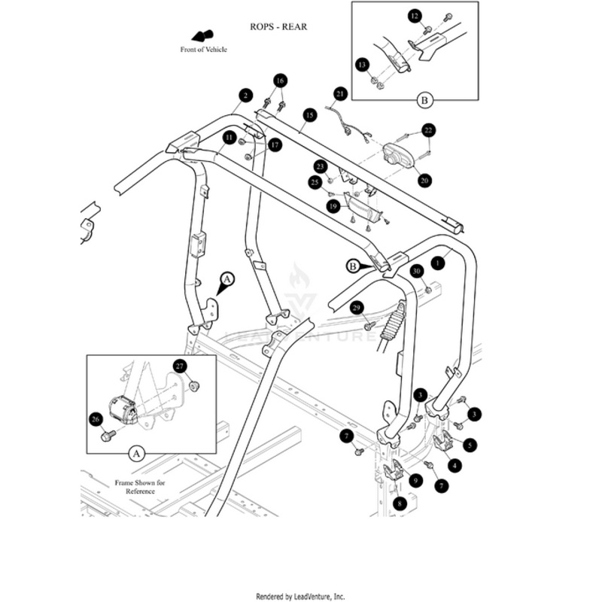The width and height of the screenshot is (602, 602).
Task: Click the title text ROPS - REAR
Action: coord(278,26)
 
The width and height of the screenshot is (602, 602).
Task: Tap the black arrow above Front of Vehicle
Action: coord(202,35)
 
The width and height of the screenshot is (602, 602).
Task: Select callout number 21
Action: coord(340,94)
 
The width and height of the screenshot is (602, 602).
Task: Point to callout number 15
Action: coord(309,115)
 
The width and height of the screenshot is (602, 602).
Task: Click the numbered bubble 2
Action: coord(245,96)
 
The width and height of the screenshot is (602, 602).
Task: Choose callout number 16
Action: coord(280,81)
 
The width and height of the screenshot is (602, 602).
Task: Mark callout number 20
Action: coord(424,181)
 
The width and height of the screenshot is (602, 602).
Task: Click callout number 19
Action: coord(333,205)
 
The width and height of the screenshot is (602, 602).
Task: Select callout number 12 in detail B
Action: coord(415,16)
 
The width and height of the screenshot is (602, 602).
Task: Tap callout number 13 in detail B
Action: coord(363,65)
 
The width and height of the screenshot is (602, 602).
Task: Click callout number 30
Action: coord(415,271)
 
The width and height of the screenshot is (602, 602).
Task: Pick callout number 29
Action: coord(357,306)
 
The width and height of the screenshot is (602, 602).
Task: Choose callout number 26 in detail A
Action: coord(95,419)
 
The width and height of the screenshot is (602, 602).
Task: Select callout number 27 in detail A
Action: coord(179,366)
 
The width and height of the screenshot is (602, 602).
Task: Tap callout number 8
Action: coord(400,503)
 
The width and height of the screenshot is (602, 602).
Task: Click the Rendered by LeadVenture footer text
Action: coord(301,595)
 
